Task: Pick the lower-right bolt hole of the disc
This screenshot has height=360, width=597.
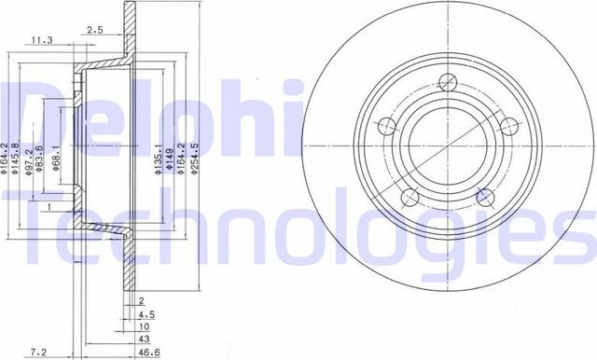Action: (483, 196)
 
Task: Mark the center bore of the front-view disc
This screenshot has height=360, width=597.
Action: (444, 145)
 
